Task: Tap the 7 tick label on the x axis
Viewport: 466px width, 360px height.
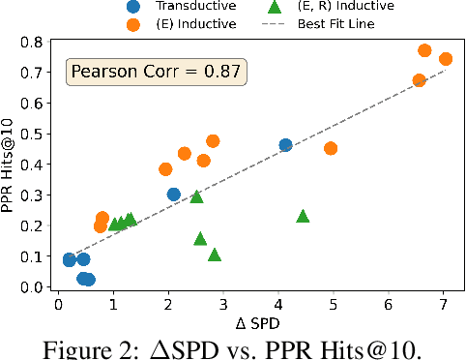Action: coord(444,305)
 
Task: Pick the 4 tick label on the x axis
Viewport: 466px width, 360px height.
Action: coord(278,305)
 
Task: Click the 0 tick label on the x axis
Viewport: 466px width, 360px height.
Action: coord(58,305)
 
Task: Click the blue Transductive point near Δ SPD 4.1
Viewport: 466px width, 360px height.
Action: coord(285,145)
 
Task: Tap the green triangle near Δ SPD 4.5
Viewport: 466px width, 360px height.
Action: coord(303,216)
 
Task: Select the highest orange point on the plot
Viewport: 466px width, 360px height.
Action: coord(424,50)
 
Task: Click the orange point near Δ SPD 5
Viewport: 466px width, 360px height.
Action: coord(331,148)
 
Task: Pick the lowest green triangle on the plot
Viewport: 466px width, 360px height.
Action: coord(215,255)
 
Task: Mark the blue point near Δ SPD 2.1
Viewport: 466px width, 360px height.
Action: coord(174,195)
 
